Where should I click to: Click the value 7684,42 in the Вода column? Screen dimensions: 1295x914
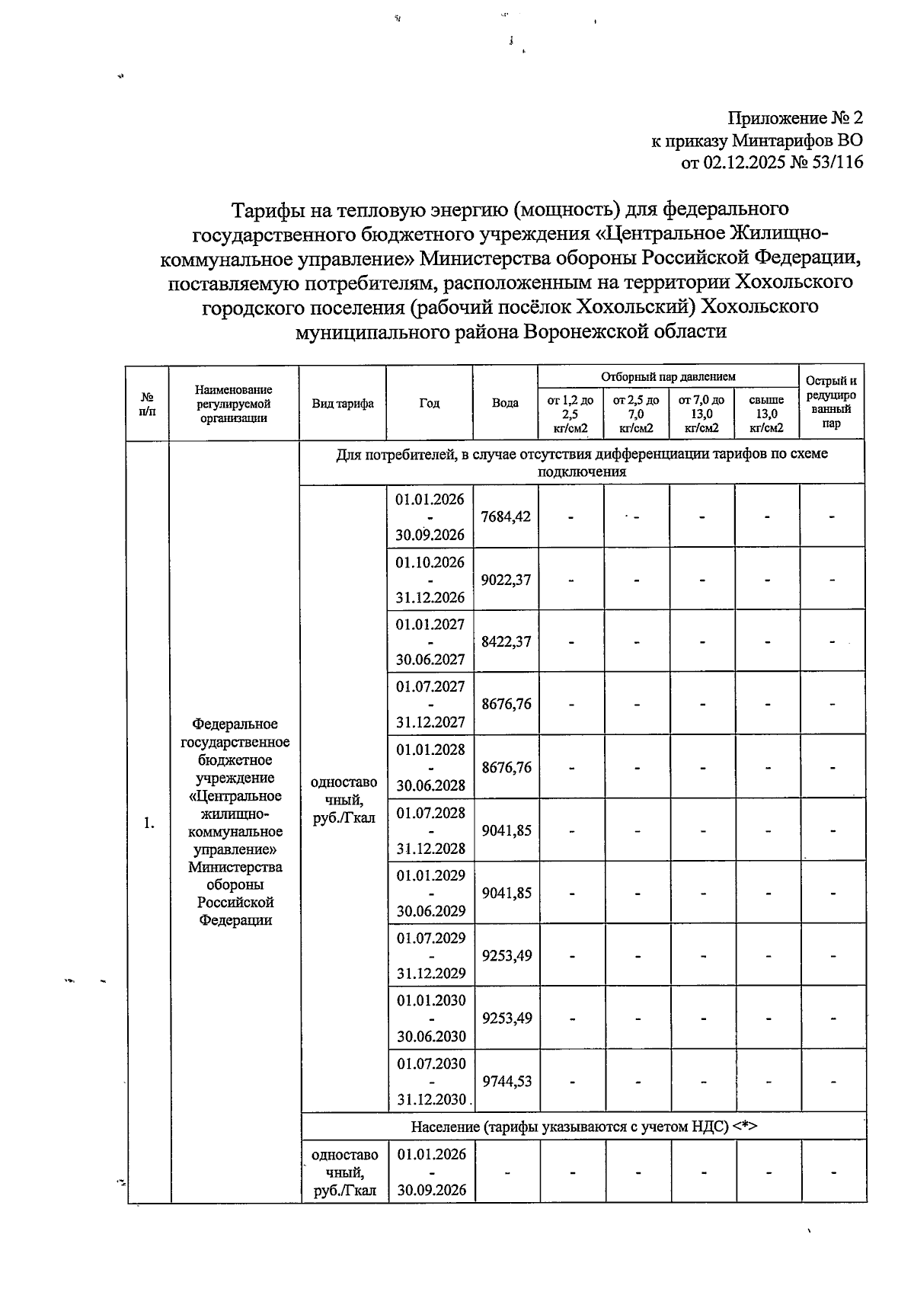(x=506, y=516)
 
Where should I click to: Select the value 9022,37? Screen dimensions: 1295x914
(x=506, y=580)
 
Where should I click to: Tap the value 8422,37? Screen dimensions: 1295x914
(x=506, y=641)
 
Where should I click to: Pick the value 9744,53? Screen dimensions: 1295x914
(x=507, y=1081)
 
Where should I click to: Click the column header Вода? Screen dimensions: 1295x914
(x=505, y=403)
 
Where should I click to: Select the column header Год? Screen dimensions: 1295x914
(x=429, y=403)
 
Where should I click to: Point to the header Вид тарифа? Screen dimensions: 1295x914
(x=343, y=403)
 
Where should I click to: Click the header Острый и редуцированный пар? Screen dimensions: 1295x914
(x=831, y=402)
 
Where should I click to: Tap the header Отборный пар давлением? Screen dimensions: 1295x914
(x=668, y=376)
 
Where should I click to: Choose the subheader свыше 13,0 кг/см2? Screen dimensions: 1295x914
(x=766, y=414)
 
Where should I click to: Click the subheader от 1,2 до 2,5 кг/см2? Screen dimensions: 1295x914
(x=570, y=414)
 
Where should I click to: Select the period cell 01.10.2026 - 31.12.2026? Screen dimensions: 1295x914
(x=430, y=580)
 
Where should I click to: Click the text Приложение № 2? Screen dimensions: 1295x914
(x=795, y=118)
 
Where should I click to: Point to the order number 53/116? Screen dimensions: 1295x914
(x=834, y=161)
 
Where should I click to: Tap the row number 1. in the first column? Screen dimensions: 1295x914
(x=149, y=823)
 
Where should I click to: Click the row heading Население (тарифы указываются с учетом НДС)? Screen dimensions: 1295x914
(x=583, y=1127)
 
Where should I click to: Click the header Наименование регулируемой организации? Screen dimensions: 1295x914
(x=234, y=403)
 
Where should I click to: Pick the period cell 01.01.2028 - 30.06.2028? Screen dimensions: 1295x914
(x=430, y=767)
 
